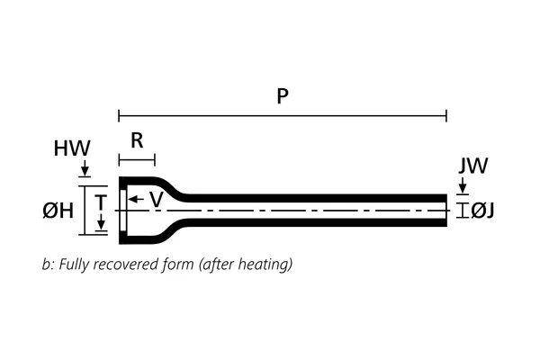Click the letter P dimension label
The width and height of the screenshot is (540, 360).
coord(283,96)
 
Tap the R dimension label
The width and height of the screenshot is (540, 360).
coord(137,140)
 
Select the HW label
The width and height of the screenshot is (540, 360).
coord(71,148)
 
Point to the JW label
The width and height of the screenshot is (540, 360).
coord(472,166)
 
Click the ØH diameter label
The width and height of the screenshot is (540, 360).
coord(58,211)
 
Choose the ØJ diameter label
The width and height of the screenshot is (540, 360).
coord(483,211)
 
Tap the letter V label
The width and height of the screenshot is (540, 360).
coord(156,200)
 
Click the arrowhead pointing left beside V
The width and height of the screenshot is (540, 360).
coord(133,200)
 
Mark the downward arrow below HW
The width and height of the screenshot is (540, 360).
coord(85,171)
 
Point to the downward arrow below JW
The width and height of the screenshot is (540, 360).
coord(462,187)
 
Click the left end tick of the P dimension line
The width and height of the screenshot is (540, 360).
coord(119,115)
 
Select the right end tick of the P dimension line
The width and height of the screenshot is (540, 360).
coord(446,115)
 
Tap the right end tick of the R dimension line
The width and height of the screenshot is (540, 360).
coord(155,160)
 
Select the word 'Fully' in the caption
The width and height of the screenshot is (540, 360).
coord(74,265)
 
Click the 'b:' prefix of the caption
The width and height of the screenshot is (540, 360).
coord(48,265)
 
